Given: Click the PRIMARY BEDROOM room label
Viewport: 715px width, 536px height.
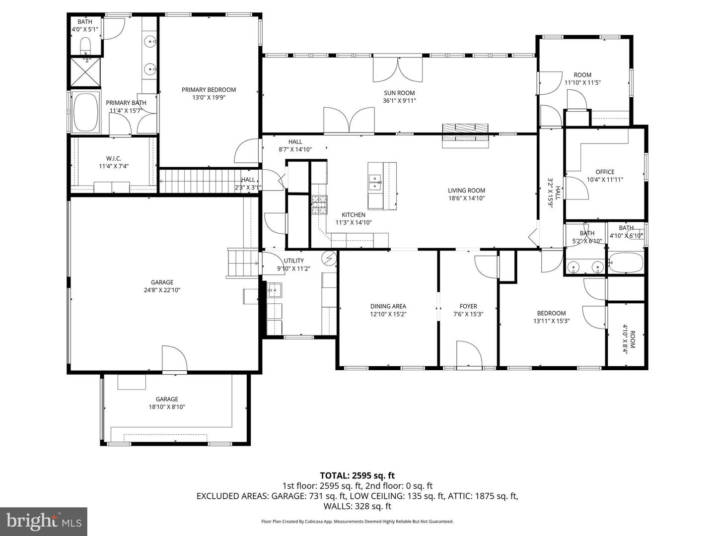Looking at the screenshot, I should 209,90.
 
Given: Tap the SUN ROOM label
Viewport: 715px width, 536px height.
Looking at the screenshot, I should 399,93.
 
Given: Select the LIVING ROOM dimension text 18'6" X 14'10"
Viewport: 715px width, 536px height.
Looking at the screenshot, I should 466,198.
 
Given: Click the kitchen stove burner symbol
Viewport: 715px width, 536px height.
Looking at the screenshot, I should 319,204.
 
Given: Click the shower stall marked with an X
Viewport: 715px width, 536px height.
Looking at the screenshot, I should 85,73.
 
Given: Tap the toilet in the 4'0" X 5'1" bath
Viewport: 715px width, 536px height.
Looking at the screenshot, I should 86,48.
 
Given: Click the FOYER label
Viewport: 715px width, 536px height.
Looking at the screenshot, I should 468,306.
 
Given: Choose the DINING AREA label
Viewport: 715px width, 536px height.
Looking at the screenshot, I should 388,306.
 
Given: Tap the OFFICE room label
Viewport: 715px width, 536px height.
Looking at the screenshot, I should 605,172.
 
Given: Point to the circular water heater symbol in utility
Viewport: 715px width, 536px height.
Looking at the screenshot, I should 329,258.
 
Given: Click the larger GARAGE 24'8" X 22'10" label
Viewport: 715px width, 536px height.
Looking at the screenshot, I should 162,282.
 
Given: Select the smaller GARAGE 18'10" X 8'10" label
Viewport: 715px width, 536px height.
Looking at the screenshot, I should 167,399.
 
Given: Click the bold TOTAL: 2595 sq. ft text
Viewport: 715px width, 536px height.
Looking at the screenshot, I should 357,475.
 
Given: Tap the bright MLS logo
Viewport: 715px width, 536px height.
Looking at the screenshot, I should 44,521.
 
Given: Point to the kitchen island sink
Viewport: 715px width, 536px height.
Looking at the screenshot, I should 375,181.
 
